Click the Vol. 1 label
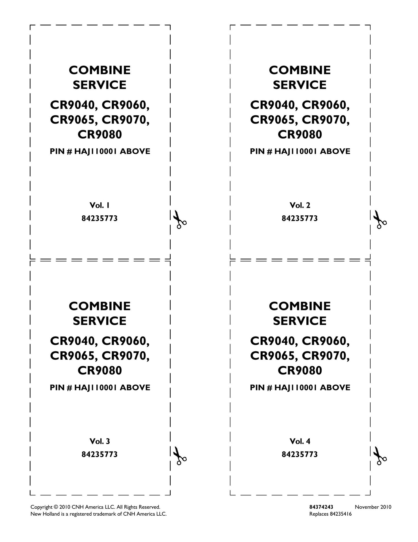100,205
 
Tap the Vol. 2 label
300,205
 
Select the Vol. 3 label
100,441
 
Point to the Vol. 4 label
300,441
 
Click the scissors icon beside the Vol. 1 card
179,220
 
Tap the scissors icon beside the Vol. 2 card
380,220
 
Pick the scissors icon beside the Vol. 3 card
179,456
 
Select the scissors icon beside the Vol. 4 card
380,456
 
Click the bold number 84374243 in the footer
321,507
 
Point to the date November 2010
373,507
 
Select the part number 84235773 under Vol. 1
100,218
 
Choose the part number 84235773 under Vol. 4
300,454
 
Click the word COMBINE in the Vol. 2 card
300,70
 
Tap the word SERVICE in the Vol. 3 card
100,321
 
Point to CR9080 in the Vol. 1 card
100,134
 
